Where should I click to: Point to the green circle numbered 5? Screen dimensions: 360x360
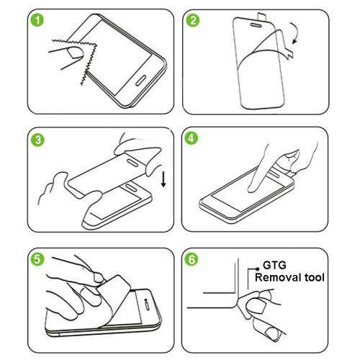point(32,260)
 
